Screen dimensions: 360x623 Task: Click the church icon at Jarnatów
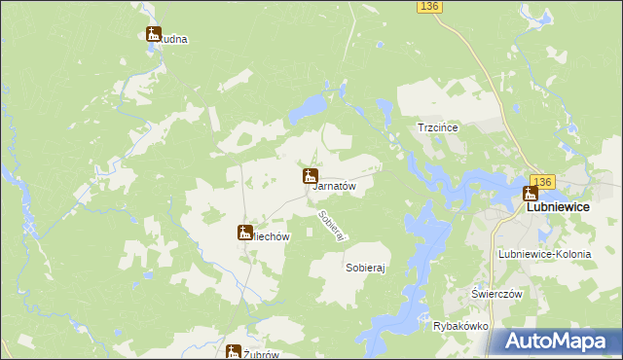click(x=310, y=176)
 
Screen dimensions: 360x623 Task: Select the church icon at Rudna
click(x=154, y=34)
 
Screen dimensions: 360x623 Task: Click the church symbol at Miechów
click(x=244, y=232)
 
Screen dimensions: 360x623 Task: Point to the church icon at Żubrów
click(x=234, y=352)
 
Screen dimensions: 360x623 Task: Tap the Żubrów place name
click(x=261, y=354)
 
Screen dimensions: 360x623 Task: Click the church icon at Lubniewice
click(x=531, y=194)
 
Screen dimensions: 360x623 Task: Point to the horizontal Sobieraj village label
click(x=366, y=266)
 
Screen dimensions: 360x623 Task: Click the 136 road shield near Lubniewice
click(x=542, y=181)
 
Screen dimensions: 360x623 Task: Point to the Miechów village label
click(x=268, y=234)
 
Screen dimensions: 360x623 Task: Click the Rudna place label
click(x=175, y=40)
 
